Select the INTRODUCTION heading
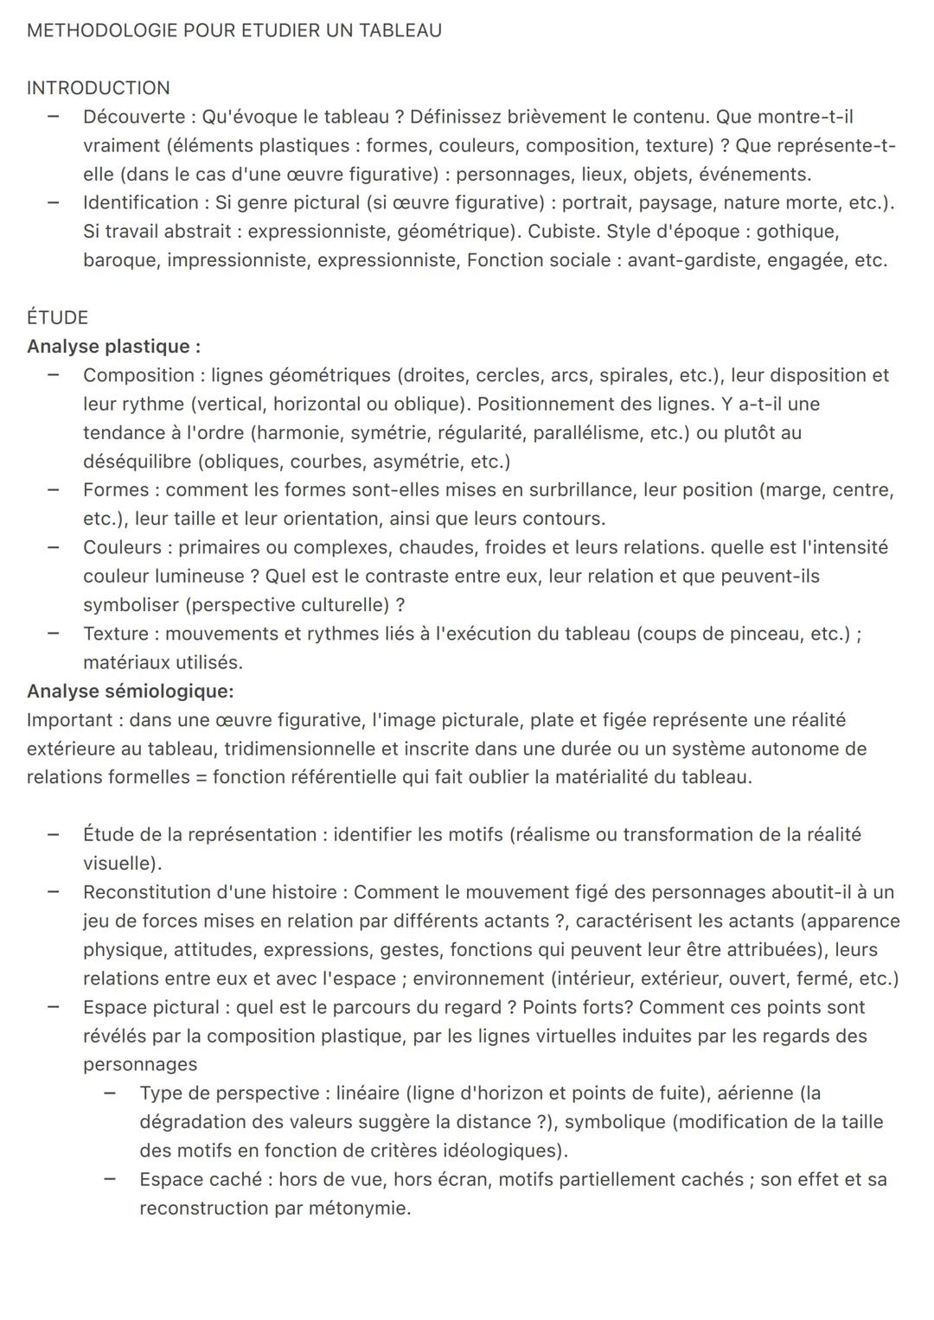coord(98,88)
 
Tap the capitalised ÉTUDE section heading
coord(57,317)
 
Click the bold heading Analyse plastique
coord(113,347)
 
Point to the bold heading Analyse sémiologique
coord(130,691)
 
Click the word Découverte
coord(134,117)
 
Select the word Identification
coord(141,202)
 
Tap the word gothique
coord(797,232)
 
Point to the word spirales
coord(632,375)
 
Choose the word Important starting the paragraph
coord(69,720)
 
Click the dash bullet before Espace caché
coord(110,1179)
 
